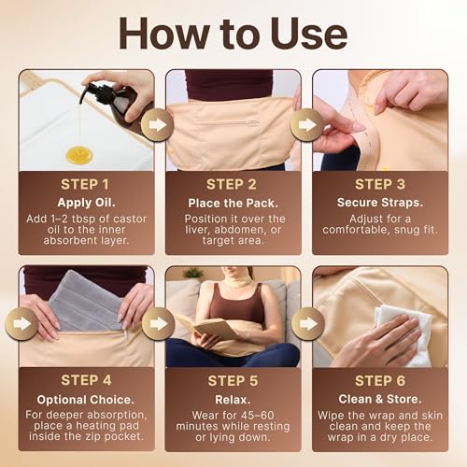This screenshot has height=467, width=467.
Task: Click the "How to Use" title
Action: click(233, 34)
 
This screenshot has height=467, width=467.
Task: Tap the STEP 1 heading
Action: click(85, 184)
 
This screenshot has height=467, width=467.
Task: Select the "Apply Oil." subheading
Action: click(86, 203)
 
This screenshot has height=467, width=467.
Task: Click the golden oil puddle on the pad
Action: click(79, 155)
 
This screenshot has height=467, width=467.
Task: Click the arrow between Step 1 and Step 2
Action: click(157, 125)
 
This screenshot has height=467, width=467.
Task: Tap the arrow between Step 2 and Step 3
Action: click(306, 125)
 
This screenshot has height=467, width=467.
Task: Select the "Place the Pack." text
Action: click(233, 204)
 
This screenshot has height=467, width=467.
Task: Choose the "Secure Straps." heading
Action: click(380, 203)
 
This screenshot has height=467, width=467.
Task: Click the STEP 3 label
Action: click(380, 184)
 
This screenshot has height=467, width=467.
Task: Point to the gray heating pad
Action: click(85, 301)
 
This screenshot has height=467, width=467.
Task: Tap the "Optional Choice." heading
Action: click(86, 400)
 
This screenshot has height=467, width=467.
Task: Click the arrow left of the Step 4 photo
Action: click(21, 324)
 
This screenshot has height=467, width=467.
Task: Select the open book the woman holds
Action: click(205, 326)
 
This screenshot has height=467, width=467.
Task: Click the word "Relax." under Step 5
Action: click(233, 400)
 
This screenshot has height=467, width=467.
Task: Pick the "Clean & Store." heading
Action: click(380, 399)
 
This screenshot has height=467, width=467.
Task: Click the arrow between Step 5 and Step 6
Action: click(307, 324)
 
